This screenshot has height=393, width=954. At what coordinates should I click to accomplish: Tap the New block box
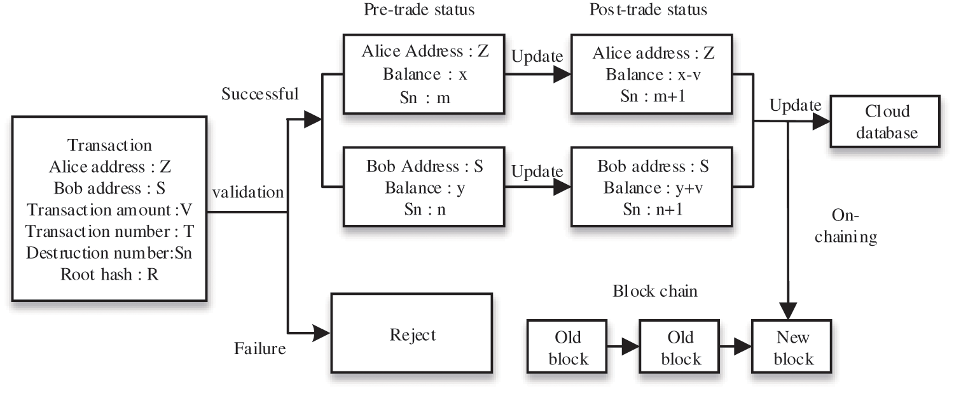coord(792,347)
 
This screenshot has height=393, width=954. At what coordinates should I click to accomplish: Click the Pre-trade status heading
coord(419,10)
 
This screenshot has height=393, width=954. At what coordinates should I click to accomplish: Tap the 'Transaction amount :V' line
coord(109,210)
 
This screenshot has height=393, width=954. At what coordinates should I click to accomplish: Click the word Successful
coord(260,94)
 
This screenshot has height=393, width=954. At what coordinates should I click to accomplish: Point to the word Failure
coord(259,348)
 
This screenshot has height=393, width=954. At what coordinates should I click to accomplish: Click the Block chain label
coord(655,292)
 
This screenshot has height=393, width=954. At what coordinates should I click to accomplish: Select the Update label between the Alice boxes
coord(537,56)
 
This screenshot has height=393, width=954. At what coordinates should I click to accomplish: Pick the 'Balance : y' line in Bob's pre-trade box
coord(425,188)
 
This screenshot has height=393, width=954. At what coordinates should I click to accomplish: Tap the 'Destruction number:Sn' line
coord(109,252)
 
